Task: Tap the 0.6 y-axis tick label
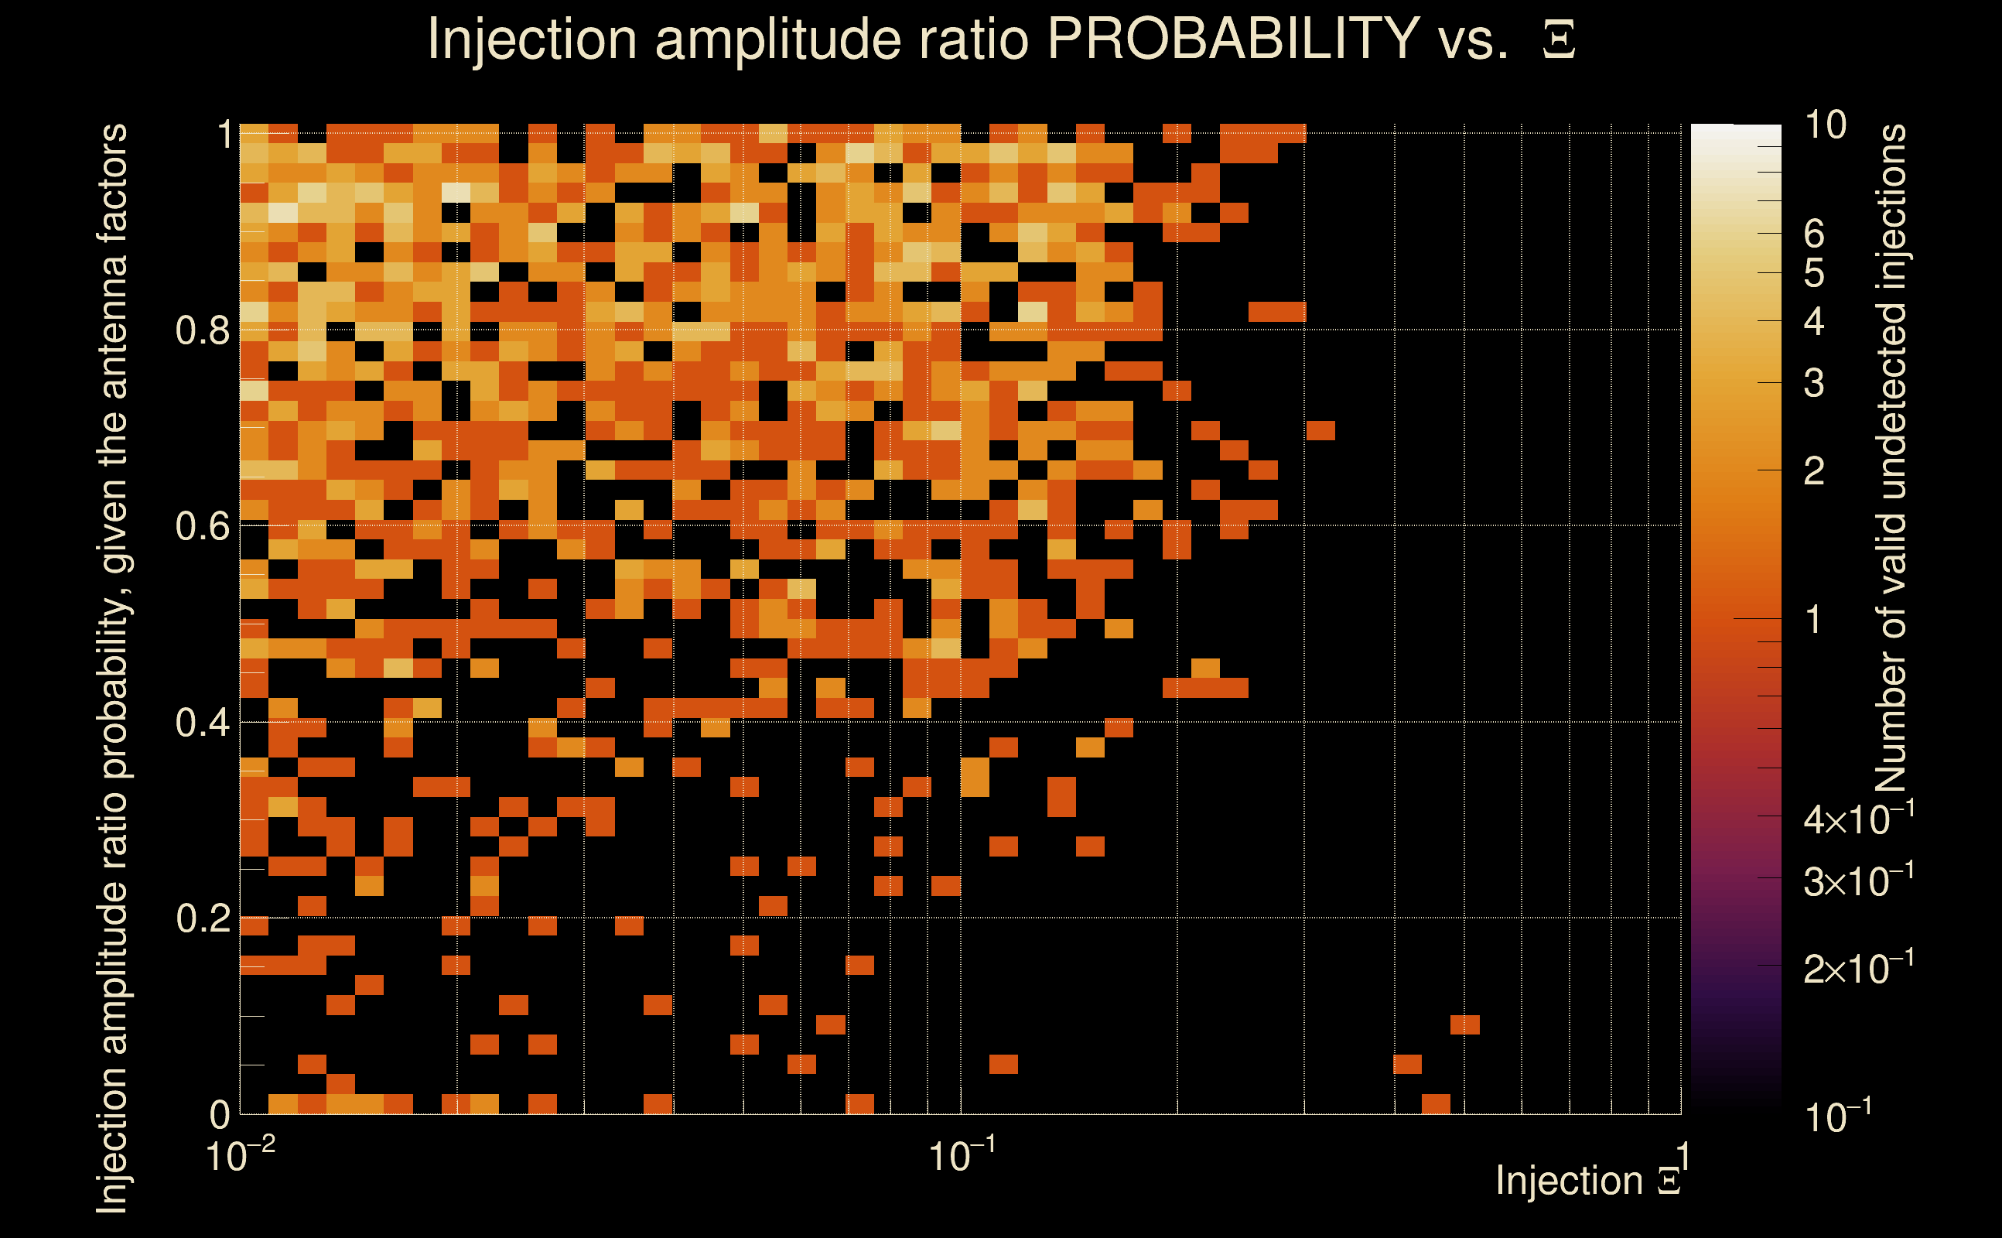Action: [x=202, y=525]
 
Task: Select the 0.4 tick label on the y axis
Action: [x=202, y=722]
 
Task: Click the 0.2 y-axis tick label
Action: [x=202, y=918]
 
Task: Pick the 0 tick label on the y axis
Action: [x=220, y=1114]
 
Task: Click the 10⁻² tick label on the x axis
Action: [x=240, y=1157]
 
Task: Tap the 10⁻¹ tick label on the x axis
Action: [x=962, y=1157]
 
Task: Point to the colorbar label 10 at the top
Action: [x=1825, y=125]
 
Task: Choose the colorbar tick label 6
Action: [x=1814, y=234]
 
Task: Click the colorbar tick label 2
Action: [x=1814, y=470]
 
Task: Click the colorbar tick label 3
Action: [x=1814, y=383]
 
